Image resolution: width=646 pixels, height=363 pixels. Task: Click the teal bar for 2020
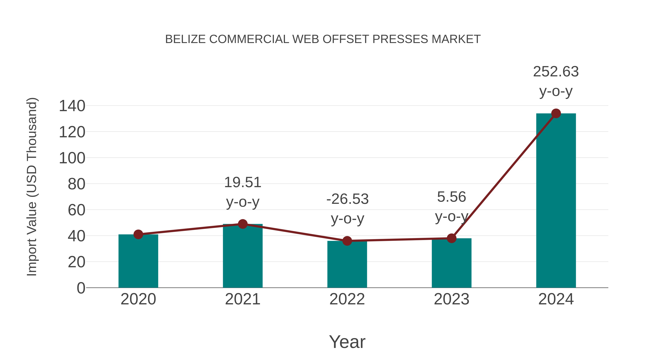click(x=138, y=262)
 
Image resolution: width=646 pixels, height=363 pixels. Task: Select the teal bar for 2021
click(x=242, y=257)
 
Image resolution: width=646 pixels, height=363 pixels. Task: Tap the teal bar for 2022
click(x=347, y=265)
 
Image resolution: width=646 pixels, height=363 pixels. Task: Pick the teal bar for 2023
click(x=451, y=264)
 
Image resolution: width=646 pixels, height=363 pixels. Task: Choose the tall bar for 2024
click(x=556, y=200)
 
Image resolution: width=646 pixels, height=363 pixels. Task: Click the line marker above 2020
click(x=138, y=234)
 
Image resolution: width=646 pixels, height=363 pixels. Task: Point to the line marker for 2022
click(x=347, y=241)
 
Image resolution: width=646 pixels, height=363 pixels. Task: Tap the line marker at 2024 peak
click(x=556, y=113)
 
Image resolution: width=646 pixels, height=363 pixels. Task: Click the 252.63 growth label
click(x=556, y=72)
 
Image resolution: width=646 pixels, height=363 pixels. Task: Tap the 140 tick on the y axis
click(x=72, y=106)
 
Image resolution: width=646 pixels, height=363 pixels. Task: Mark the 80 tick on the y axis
click(x=76, y=184)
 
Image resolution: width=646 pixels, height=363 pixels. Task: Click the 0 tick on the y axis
click(x=81, y=288)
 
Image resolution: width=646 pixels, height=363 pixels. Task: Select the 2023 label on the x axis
click(x=451, y=299)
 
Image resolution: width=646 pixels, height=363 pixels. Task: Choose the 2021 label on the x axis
click(x=242, y=299)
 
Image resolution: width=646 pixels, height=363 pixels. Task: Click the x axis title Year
click(x=347, y=342)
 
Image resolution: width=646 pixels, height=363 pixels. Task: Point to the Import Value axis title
click(x=32, y=187)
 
